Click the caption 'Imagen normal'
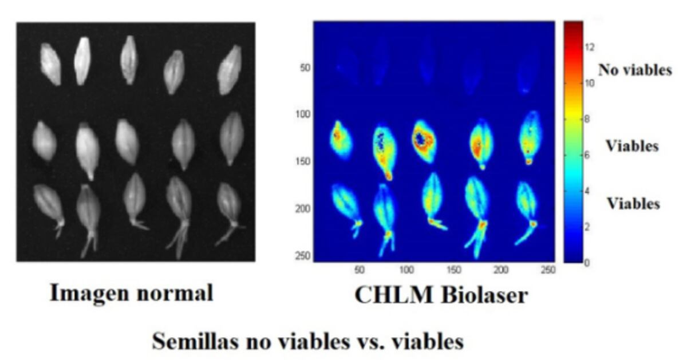click(131, 294)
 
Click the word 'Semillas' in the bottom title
click(195, 341)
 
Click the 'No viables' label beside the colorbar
click(635, 70)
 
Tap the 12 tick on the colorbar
click(590, 48)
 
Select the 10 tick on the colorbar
click(590, 83)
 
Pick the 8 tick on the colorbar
click(587, 119)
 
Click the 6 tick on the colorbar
click(587, 155)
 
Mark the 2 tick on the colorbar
click(587, 227)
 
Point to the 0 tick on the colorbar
click(587, 263)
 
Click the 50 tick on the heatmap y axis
click(305, 68)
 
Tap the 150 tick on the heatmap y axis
click(303, 161)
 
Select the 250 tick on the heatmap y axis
click(303, 256)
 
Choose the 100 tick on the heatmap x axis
click(406, 270)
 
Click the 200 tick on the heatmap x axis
click(501, 270)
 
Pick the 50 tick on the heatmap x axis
click(360, 270)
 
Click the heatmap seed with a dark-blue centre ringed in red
click(423, 141)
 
